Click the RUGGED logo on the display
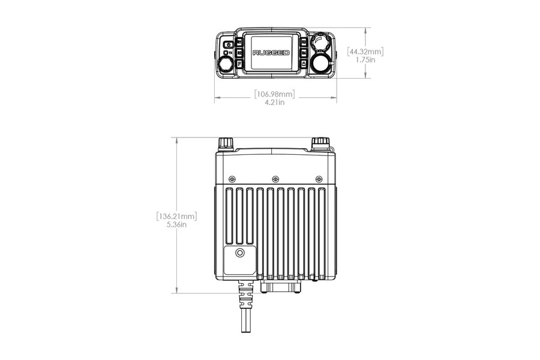coord(271,53)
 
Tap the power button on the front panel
coord(228,45)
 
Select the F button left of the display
coord(239,63)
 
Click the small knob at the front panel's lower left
coord(226,63)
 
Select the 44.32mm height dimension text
coord(366,52)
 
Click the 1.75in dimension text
coord(366,61)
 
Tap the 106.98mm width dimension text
coord(275,94)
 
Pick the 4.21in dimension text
coord(275,103)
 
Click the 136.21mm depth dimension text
coord(176,215)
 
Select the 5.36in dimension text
coord(176,224)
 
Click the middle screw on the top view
coord(275,178)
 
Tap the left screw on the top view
coord(232,178)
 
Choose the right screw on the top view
coord(319,178)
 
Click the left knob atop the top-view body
coord(226,143)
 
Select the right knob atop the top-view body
coord(319,142)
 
